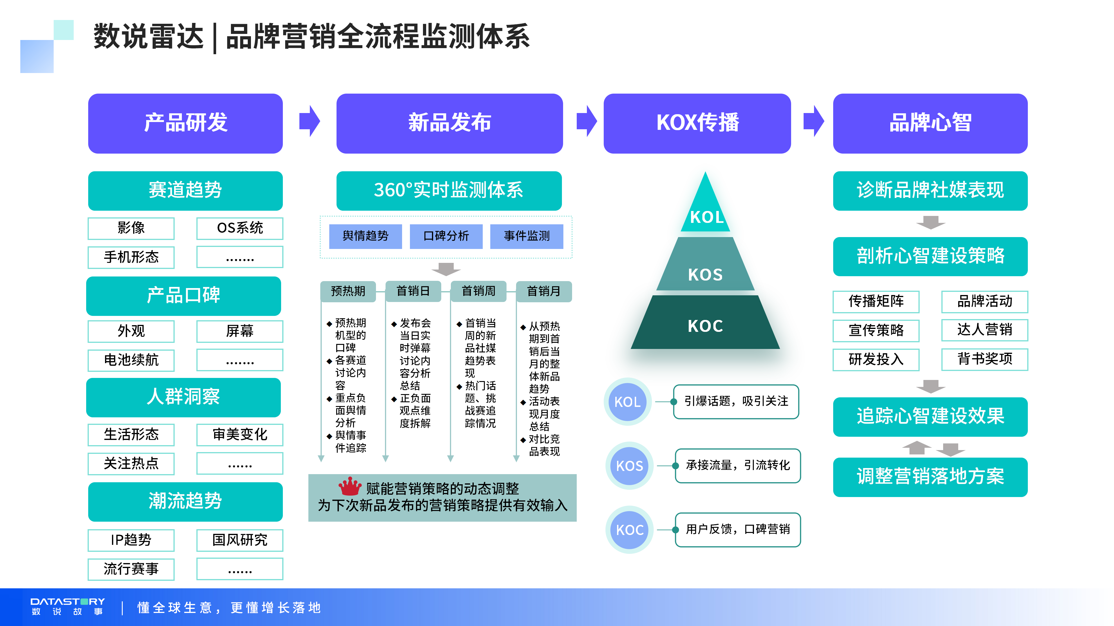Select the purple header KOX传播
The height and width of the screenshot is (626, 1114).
pos(697,123)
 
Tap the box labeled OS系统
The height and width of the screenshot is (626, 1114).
pos(240,228)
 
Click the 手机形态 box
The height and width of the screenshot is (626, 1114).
pos(131,257)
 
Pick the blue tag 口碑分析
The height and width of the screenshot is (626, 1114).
pos(446,236)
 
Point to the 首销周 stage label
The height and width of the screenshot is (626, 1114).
pos(478,291)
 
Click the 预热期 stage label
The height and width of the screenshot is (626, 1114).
pos(348,291)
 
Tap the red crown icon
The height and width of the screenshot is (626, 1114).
pos(350,487)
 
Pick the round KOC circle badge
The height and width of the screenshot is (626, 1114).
pos(630,530)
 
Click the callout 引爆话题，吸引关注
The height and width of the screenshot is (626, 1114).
pos(736,401)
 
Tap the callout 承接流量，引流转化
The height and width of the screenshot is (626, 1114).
pos(738,465)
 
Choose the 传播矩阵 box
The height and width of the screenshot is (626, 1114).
pos(876,301)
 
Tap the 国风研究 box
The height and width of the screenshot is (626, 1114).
pos(240,540)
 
